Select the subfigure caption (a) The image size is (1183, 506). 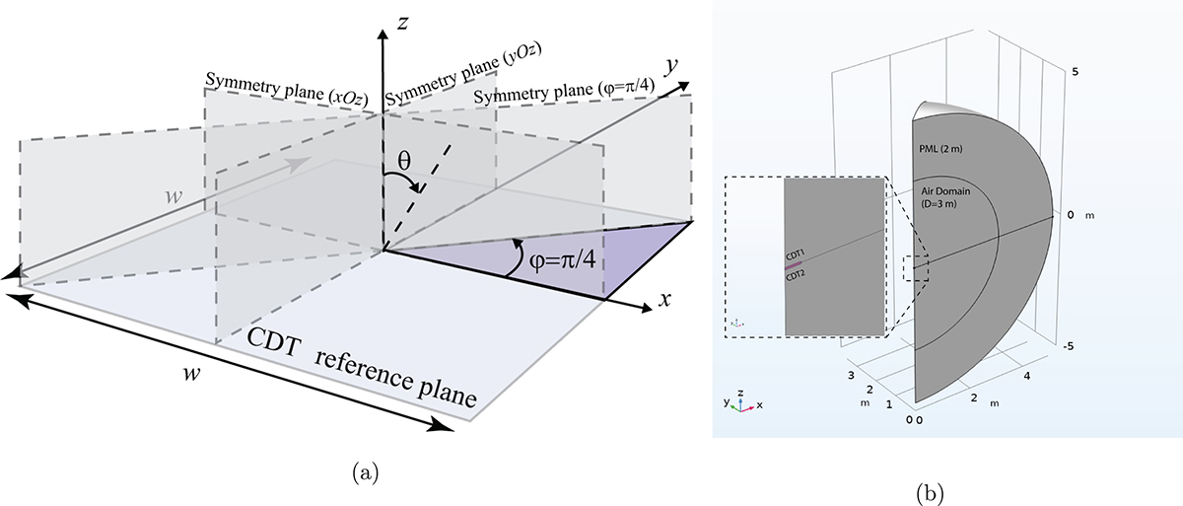(x=364, y=473)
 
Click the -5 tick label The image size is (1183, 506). (x=1079, y=345)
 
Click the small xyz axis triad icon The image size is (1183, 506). (x=740, y=400)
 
